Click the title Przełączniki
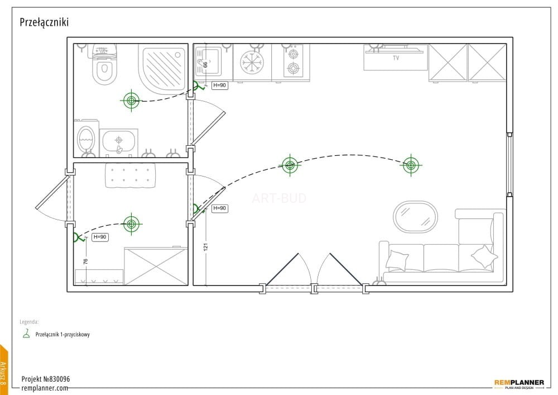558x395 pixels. [x=44, y=22]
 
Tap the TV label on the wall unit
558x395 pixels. [x=396, y=58]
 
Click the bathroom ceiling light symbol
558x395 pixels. [x=131, y=101]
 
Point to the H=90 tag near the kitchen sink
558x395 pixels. [x=219, y=85]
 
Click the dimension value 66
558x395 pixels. [x=205, y=65]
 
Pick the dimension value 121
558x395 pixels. [x=206, y=247]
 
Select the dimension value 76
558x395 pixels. [x=85, y=261]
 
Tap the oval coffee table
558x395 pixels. [x=415, y=217]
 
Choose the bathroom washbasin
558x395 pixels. [x=118, y=141]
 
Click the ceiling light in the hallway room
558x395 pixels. [x=131, y=224]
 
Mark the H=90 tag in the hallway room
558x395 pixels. [x=100, y=237]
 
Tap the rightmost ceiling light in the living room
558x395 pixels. [x=411, y=165]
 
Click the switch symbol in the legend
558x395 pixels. [x=26, y=334]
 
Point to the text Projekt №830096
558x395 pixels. [x=46, y=379]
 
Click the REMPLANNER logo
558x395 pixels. [x=519, y=384]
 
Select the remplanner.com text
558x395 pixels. [x=45, y=388]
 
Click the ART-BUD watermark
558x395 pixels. [x=279, y=198]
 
